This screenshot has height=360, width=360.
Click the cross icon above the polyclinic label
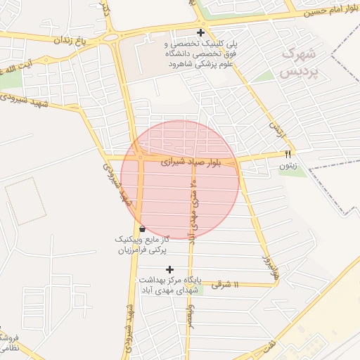(x=201, y=32)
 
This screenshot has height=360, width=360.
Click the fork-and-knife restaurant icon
(x=287, y=153)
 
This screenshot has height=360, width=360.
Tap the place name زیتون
(x=286, y=167)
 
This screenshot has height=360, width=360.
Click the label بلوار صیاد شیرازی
(x=191, y=161)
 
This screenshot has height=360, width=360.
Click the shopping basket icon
(x=143, y=229)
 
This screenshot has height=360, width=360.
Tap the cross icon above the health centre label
(x=169, y=269)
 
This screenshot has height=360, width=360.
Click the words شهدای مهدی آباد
(x=169, y=290)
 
